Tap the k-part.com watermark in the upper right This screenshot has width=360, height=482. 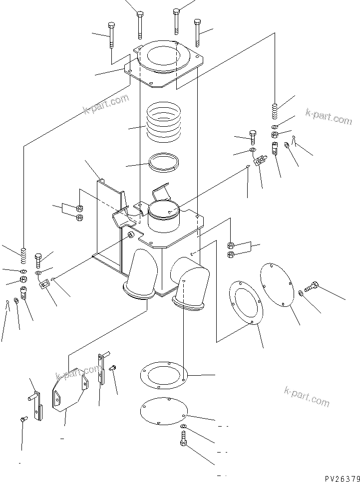328,117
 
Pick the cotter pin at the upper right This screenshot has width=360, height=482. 295,144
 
